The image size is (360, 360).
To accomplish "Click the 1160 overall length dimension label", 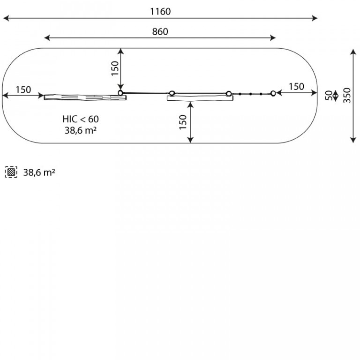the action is (160, 11).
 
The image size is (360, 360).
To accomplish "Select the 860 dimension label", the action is (160, 31).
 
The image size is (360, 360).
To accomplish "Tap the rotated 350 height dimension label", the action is (347, 95).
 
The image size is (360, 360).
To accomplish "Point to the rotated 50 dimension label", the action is (329, 95).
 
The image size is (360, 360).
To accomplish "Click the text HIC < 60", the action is (81, 119).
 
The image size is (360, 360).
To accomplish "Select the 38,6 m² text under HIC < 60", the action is (80, 130).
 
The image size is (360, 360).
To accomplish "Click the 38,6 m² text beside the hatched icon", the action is (39, 172).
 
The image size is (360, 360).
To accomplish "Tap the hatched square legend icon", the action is (11, 172).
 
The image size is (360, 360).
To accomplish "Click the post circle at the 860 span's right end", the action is (273, 93).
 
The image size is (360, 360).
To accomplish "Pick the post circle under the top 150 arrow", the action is (120, 93).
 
